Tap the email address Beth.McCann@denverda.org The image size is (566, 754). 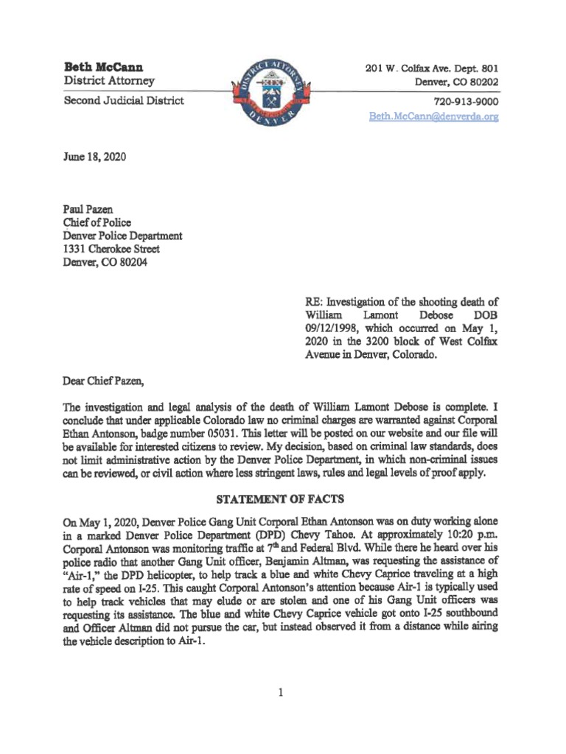click(434, 117)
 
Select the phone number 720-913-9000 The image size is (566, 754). click(466, 102)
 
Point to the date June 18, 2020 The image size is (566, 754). click(94, 156)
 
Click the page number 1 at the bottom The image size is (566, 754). click(282, 693)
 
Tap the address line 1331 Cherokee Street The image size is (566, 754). click(111, 250)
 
